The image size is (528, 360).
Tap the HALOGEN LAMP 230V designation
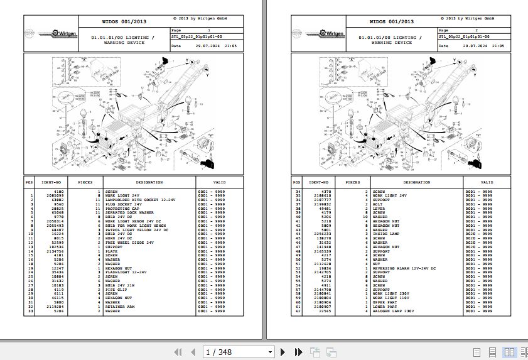(392, 310)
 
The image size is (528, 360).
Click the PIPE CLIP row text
(116, 289)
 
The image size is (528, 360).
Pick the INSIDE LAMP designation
(386, 234)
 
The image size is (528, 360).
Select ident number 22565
(324, 310)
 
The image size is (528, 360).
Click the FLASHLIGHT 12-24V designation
(126, 272)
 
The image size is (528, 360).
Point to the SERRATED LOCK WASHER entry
(129, 212)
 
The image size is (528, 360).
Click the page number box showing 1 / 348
(239, 352)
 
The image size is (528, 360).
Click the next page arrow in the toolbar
(283, 352)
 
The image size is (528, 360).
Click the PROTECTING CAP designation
(122, 209)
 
